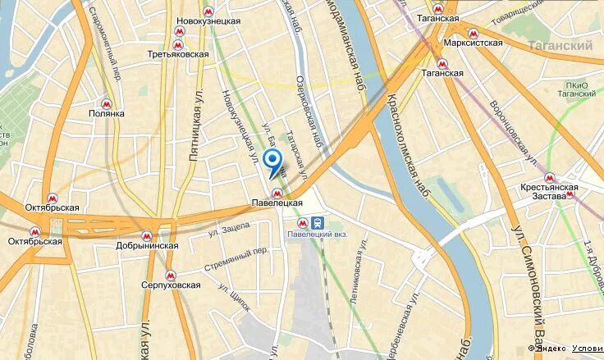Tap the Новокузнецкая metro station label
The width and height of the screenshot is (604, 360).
(x=209, y=21)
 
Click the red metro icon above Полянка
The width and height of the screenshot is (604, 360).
(x=106, y=103)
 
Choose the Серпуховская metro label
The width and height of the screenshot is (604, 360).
(x=172, y=285)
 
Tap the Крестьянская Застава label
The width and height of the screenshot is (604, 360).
(x=549, y=192)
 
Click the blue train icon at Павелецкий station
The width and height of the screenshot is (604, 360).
(x=317, y=222)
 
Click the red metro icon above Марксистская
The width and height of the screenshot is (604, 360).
(x=473, y=33)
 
